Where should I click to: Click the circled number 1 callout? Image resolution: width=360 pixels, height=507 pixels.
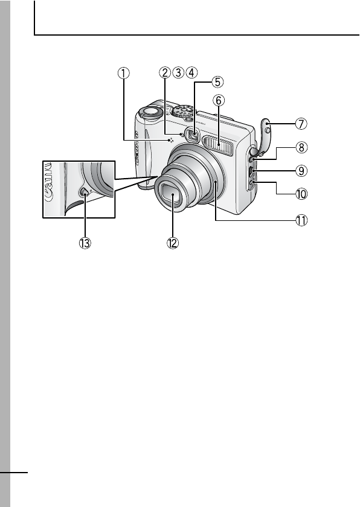(x=123, y=73)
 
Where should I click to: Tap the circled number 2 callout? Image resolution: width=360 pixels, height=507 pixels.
(x=165, y=72)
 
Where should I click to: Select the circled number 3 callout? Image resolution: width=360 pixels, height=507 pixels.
(x=178, y=72)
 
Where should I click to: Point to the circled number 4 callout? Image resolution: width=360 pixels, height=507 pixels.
(x=191, y=72)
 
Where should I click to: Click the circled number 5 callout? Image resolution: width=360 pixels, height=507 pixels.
(x=217, y=82)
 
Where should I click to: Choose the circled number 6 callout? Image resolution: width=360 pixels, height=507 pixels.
(x=219, y=101)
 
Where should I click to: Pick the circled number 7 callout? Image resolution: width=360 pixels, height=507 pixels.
(x=301, y=124)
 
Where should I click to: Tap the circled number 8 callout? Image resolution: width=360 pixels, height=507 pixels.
(x=301, y=147)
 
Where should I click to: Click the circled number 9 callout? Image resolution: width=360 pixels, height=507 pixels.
(x=301, y=170)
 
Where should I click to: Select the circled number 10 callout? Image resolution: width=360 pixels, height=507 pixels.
(x=301, y=194)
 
